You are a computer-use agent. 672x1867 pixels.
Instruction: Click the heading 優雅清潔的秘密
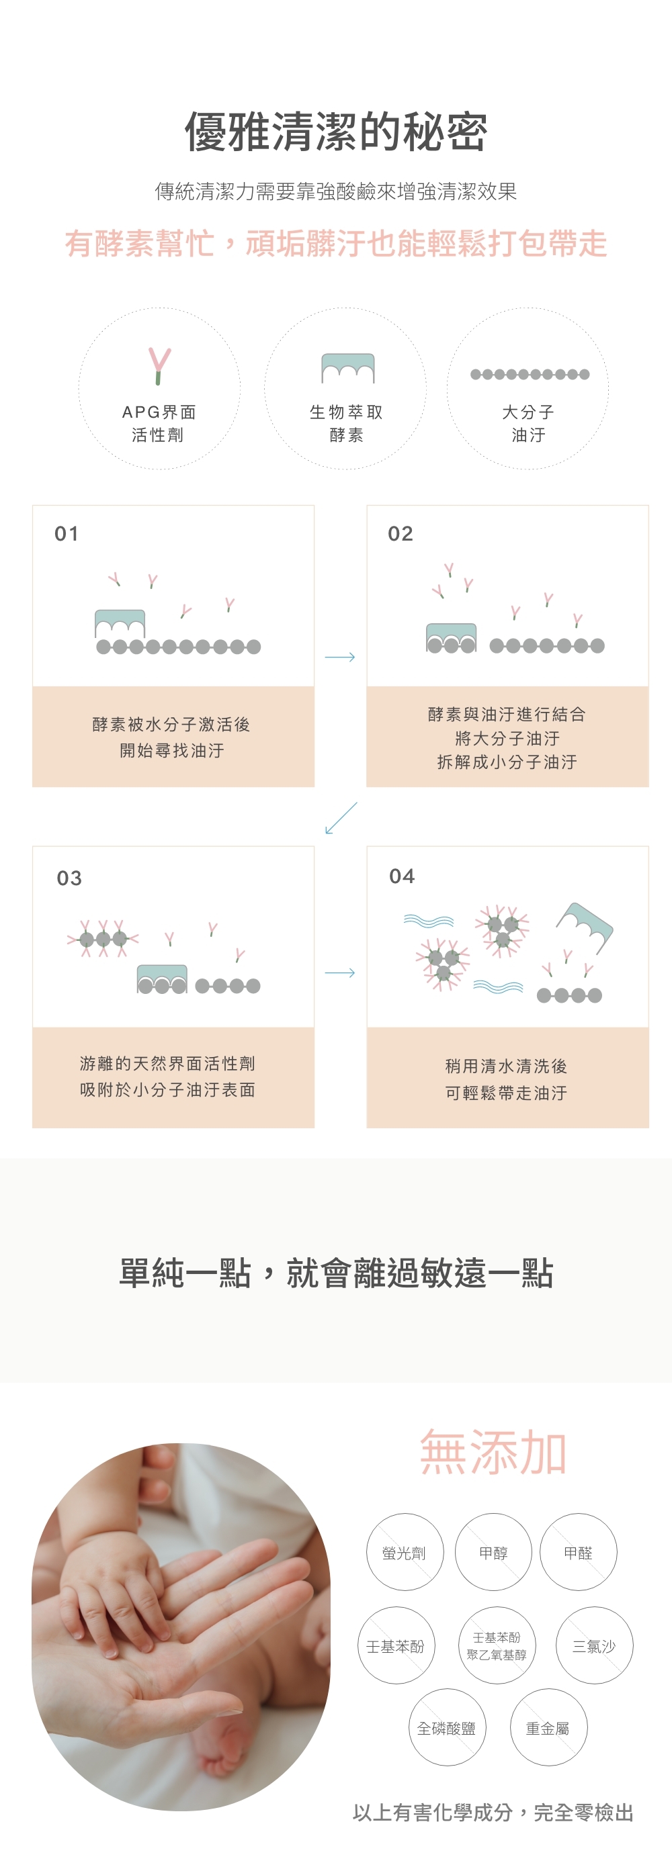pyautogui.click(x=335, y=132)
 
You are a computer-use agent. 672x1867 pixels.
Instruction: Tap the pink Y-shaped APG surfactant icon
pyautogui.click(x=159, y=365)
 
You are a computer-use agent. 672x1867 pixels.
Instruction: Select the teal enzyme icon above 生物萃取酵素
pyautogui.click(x=348, y=367)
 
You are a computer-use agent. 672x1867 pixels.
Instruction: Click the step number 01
pyautogui.click(x=67, y=534)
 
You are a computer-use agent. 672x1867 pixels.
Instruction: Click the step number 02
pyautogui.click(x=400, y=534)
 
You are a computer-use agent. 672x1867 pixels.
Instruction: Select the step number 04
pyautogui.click(x=402, y=876)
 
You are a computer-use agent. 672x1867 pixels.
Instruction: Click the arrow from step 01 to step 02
pyautogui.click(x=340, y=657)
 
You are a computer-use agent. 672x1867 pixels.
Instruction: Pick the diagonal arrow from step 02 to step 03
pyautogui.click(x=341, y=817)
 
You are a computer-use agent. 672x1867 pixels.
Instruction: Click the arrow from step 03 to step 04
pyautogui.click(x=340, y=972)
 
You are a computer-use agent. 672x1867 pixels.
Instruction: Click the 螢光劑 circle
pyautogui.click(x=405, y=1553)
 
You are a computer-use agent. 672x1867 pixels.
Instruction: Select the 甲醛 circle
pyautogui.click(x=579, y=1553)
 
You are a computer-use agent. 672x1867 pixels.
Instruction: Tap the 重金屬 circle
pyautogui.click(x=548, y=1728)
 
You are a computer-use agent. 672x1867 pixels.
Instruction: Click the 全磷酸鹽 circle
pyautogui.click(x=447, y=1728)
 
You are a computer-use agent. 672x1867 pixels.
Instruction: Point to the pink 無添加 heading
pyautogui.click(x=493, y=1453)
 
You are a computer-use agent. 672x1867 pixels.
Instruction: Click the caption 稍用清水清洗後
pyautogui.click(x=506, y=1066)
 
